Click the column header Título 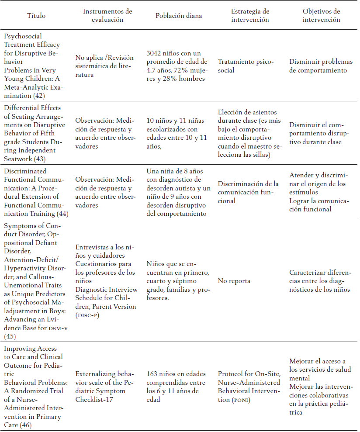36,16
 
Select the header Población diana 179,16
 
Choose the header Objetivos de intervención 321,15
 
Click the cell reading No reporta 235,281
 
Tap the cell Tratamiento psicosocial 246,66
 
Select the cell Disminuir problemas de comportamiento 318,66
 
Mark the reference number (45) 10,336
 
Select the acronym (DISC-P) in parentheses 87,315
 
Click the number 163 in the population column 153,374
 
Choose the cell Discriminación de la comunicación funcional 248,192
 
